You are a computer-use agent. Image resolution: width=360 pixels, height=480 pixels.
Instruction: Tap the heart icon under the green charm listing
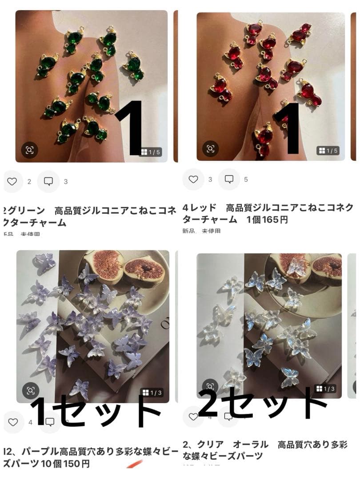coord(12,181)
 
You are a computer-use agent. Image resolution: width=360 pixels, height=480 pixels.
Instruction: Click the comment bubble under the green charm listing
coord(48,181)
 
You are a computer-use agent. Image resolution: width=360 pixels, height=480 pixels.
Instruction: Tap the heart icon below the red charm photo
coord(193,179)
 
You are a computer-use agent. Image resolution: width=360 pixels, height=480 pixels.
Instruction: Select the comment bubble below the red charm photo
coord(229,179)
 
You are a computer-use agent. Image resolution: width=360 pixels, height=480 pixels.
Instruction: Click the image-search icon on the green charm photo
coord(30,150)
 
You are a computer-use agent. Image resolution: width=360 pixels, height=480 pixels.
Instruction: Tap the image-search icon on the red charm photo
coord(211,149)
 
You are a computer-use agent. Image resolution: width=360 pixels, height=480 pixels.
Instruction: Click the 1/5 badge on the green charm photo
coord(150,152)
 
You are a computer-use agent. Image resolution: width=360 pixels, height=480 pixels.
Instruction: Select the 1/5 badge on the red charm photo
coord(328,151)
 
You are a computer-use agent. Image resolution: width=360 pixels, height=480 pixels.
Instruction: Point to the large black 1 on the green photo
coord(128,128)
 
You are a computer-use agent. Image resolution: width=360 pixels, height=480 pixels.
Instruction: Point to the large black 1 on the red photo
coord(292,128)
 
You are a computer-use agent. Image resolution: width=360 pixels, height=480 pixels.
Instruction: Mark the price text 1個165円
coord(267,220)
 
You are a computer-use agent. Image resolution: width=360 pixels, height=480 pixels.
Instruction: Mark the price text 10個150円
coord(67,464)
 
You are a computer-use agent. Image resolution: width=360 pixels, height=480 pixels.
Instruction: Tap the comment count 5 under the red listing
coord(246,180)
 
